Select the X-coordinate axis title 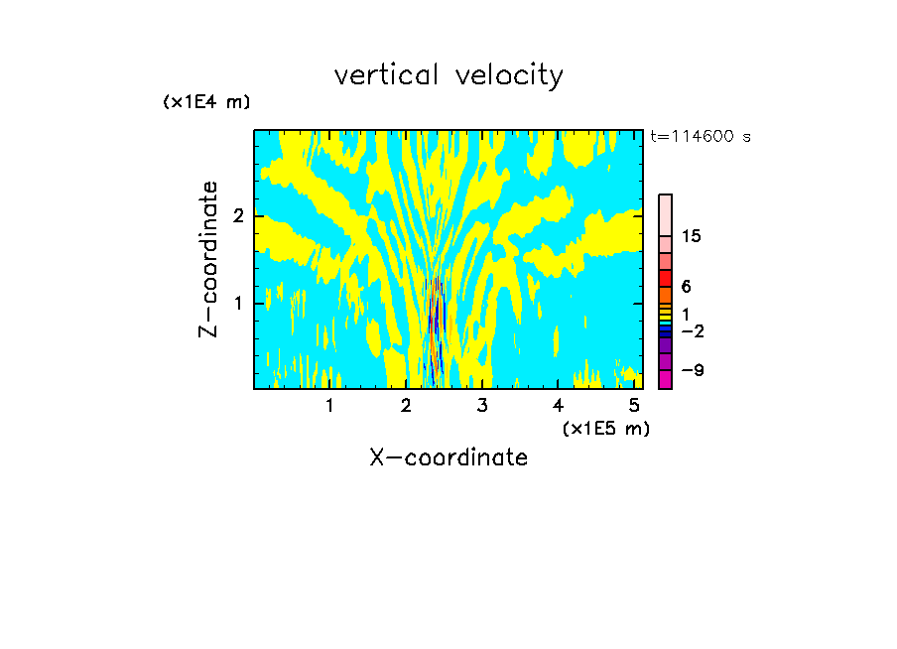click(x=448, y=457)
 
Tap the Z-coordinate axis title click(x=208, y=259)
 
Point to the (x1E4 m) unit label click(x=206, y=102)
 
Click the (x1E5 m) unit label click(x=605, y=428)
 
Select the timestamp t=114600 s click(x=701, y=137)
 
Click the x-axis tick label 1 click(x=329, y=405)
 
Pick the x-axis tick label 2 click(x=406, y=405)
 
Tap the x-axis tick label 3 click(x=482, y=405)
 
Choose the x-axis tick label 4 click(x=559, y=405)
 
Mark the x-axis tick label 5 click(x=634, y=405)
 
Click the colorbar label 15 click(x=692, y=236)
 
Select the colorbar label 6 click(x=686, y=286)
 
